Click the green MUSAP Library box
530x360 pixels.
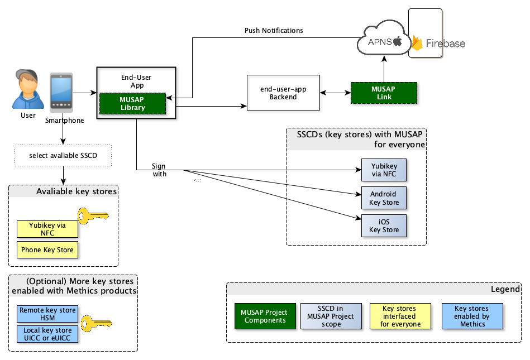coord(132,104)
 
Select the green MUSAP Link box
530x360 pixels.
coord(384,93)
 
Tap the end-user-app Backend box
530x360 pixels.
coord(283,93)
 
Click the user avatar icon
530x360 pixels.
coord(28,89)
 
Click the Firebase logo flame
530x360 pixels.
coord(417,43)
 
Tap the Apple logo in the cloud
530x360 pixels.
coord(398,41)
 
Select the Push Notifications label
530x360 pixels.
coord(274,30)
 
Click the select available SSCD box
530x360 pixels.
coord(63,155)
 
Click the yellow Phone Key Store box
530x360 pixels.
coord(47,250)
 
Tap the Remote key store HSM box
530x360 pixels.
coord(47,314)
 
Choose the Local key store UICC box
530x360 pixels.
coord(47,334)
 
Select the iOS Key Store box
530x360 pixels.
coord(384,226)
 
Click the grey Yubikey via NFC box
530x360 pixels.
coord(384,170)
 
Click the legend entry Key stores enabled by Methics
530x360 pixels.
coord(472,316)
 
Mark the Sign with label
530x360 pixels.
coord(159,170)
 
